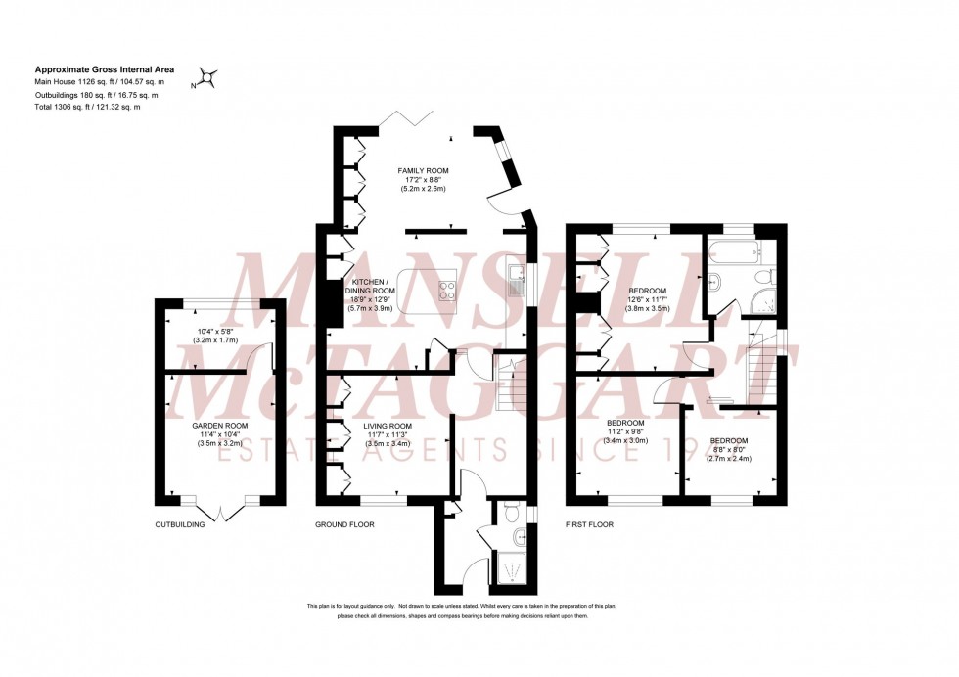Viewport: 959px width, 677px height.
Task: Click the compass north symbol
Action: (207, 78)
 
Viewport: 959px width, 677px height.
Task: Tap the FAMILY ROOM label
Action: (423, 171)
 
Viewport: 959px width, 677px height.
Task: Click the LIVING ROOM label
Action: (388, 427)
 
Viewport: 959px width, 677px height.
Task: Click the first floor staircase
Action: (760, 368)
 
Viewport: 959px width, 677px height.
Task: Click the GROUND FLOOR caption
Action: (344, 524)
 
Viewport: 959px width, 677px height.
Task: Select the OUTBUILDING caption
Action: (180, 524)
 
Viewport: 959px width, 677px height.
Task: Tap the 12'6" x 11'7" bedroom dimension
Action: (647, 301)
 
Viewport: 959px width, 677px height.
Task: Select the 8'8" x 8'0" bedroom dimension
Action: (728, 449)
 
